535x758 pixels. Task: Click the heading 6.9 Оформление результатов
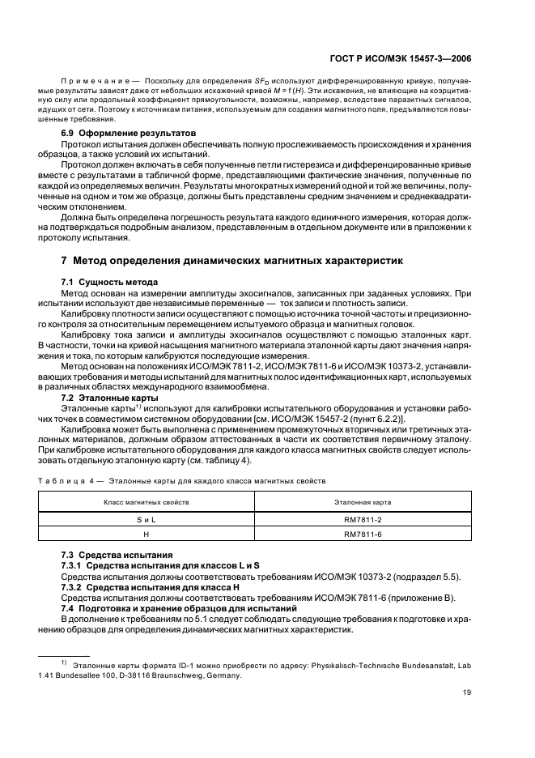click(x=121, y=132)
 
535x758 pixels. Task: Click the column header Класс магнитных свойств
click(x=146, y=503)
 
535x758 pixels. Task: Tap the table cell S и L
click(x=146, y=519)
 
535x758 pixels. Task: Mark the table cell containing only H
click(x=146, y=534)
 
